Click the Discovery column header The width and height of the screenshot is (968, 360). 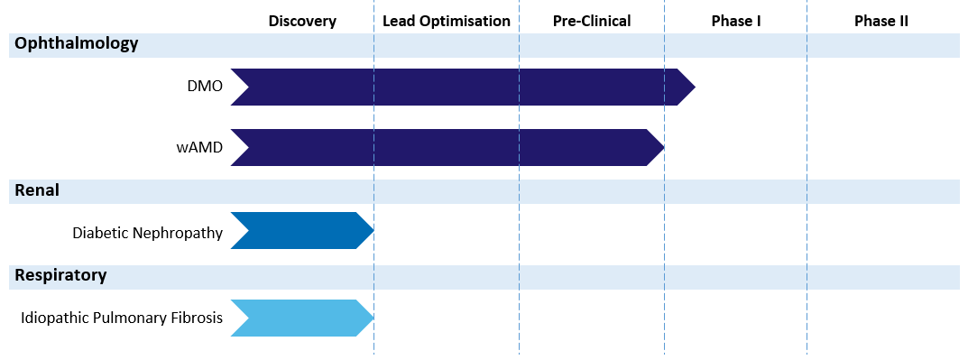coord(302,21)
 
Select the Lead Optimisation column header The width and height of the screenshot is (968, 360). coord(446,21)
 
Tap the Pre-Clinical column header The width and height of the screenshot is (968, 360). coord(592,21)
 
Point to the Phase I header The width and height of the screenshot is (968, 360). coord(735,21)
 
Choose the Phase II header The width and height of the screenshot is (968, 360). coord(880,21)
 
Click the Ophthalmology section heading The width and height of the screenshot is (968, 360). coord(77,43)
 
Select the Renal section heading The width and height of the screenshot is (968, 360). coord(37,190)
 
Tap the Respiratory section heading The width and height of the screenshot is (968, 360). coord(60,275)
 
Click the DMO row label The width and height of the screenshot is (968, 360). coord(203,88)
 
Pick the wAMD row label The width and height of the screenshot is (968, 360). coord(198,148)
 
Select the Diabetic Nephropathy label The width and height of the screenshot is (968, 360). coord(147,233)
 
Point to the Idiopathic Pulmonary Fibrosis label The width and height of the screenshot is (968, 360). coord(122,318)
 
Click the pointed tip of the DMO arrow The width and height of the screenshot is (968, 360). coord(693,87)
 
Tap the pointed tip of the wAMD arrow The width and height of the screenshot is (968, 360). coord(662,147)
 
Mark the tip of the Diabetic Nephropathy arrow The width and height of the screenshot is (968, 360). coord(372,231)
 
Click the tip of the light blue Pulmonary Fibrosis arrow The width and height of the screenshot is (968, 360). coord(372,318)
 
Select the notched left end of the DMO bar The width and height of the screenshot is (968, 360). coord(240,87)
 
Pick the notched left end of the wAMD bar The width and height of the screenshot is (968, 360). coord(240,147)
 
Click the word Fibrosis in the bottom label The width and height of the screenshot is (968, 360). coord(196,318)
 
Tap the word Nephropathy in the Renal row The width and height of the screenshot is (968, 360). coord(178,233)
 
